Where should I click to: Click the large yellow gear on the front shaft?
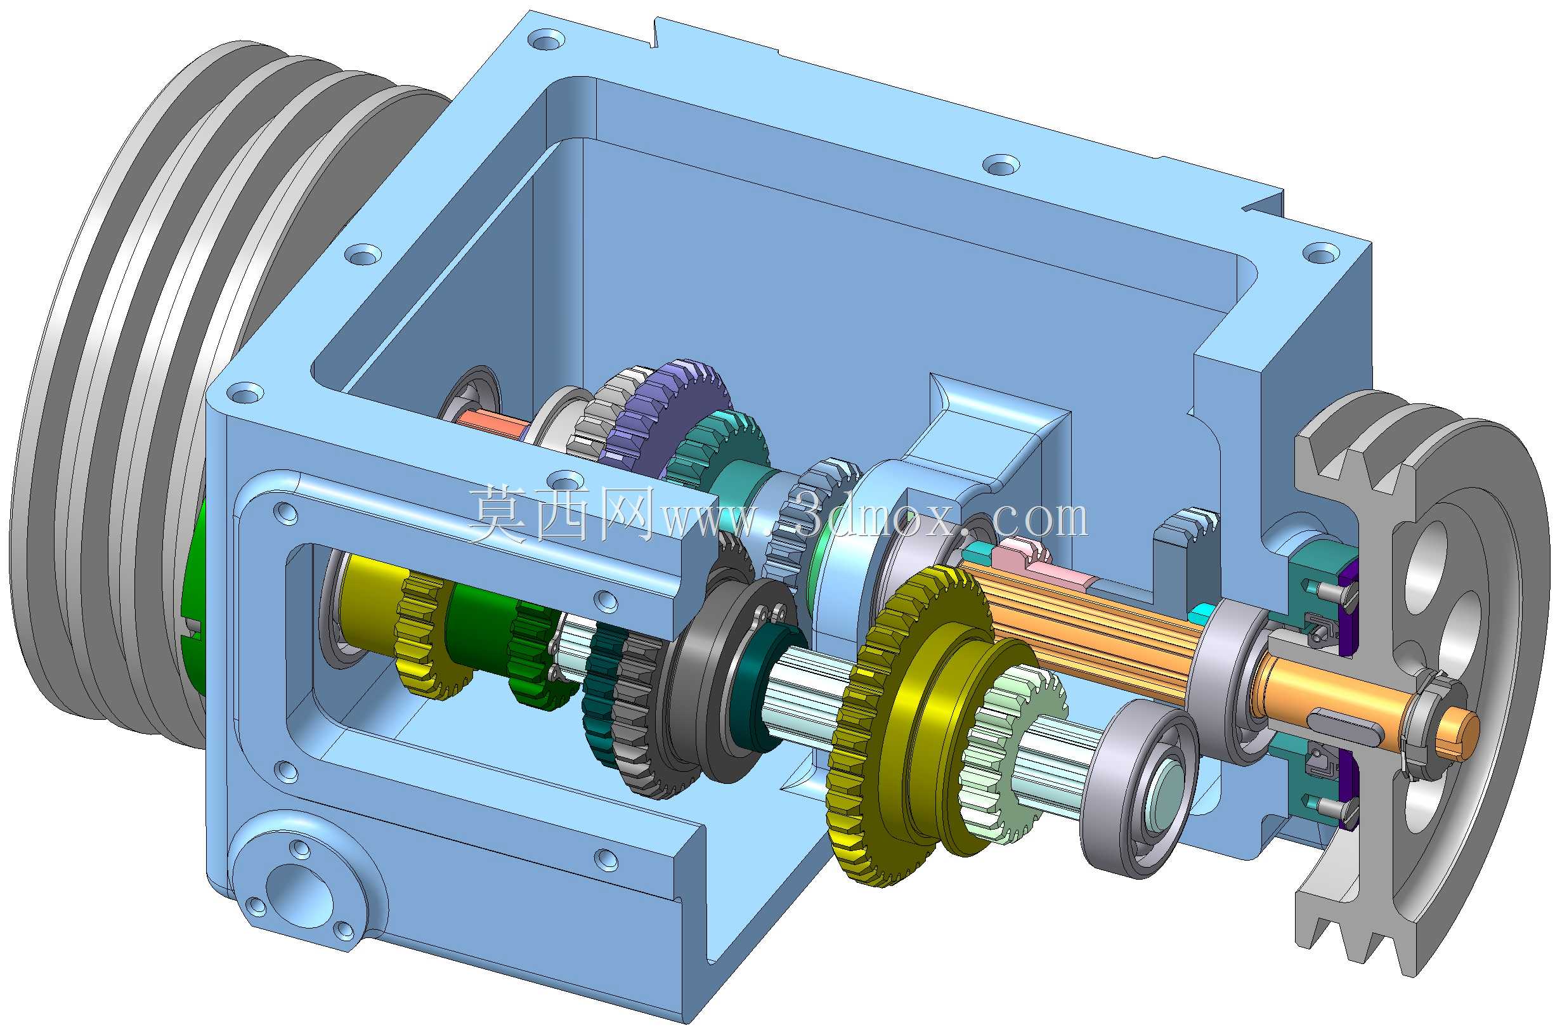point(867,729)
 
